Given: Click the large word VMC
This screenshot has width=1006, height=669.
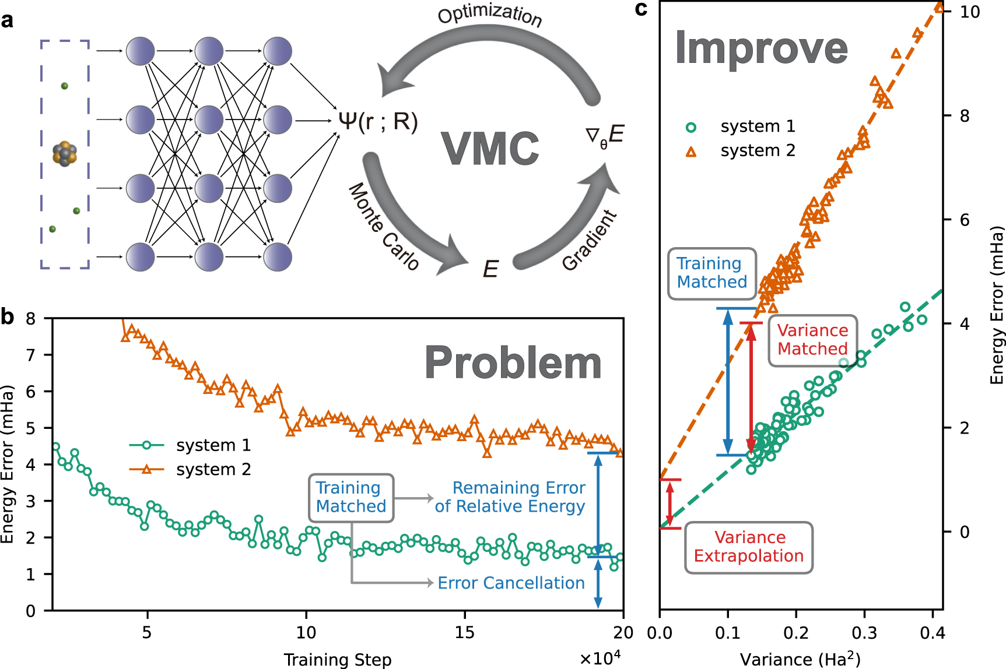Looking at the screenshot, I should pos(490,149).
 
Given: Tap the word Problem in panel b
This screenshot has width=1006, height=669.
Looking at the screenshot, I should pos(513,363).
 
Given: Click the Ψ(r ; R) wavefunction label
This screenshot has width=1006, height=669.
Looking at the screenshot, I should pos(378,121).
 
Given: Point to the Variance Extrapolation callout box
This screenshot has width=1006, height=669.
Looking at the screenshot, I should pos(748,547).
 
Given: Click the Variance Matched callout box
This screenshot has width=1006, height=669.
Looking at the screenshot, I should pos(812,340).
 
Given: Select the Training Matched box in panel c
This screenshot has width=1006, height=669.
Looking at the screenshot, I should pos(711,273).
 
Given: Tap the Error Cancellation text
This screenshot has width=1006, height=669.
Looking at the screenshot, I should pos(511,583).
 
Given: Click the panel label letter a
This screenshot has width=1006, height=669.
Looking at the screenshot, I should pos(7,21).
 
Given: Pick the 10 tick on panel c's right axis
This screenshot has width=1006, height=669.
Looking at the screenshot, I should pos(970,12).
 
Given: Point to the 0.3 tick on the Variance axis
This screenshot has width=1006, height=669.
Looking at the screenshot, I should pos(864,633).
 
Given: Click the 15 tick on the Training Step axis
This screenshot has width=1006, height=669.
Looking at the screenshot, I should pos(464,633).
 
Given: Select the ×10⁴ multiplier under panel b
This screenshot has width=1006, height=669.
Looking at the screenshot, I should pos(600,658).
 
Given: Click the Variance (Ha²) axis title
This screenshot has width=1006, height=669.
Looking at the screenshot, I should pos(800,659).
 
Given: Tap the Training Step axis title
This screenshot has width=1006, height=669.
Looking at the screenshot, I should pos(337,660).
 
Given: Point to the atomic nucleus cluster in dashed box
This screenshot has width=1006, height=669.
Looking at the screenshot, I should pos(65,153).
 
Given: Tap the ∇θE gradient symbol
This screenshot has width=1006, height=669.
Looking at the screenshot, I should pos(605,135).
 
